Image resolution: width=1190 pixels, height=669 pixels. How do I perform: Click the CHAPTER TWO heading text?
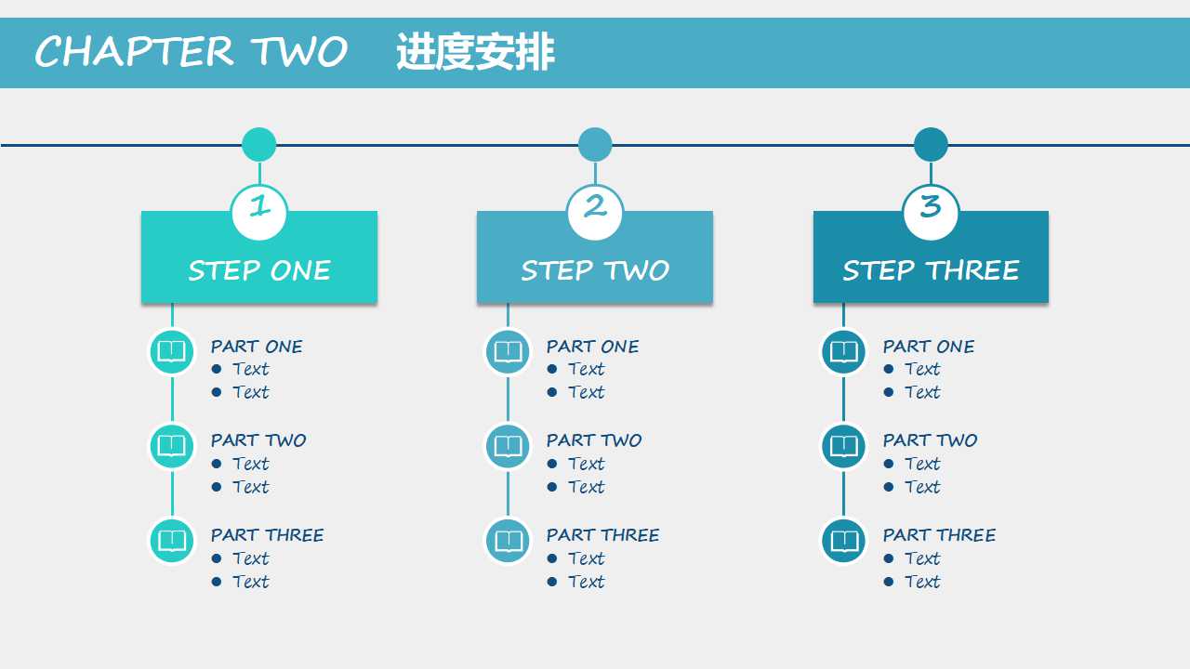[x=191, y=52]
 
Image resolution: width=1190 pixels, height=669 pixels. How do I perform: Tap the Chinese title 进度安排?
[x=475, y=52]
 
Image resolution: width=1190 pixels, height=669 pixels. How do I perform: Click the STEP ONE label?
[x=259, y=270]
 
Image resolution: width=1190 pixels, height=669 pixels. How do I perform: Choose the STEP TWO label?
[x=595, y=270]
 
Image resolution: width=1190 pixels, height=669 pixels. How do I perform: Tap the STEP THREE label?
[x=931, y=270]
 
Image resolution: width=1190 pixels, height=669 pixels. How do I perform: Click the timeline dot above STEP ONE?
[x=259, y=145]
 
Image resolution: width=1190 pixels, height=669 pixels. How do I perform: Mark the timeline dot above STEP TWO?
[x=595, y=145]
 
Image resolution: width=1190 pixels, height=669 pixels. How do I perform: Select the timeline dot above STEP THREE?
[x=931, y=145]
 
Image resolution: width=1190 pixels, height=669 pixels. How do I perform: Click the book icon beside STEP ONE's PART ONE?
[x=172, y=352]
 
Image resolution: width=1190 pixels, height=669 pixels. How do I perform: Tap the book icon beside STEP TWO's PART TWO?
[x=508, y=446]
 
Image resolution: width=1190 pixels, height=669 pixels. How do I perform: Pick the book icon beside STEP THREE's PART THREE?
[x=843, y=541]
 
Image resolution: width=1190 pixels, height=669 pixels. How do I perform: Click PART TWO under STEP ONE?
[x=258, y=440]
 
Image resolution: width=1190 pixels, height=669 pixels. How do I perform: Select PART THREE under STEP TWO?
[x=602, y=535]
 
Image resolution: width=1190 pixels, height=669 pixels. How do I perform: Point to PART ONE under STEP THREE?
[x=929, y=347]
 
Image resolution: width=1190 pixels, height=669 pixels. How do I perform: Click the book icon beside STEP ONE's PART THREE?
[x=172, y=541]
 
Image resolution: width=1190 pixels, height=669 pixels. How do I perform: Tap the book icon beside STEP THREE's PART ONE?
[x=843, y=352]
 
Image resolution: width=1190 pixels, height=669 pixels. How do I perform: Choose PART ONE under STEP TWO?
[x=592, y=347]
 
